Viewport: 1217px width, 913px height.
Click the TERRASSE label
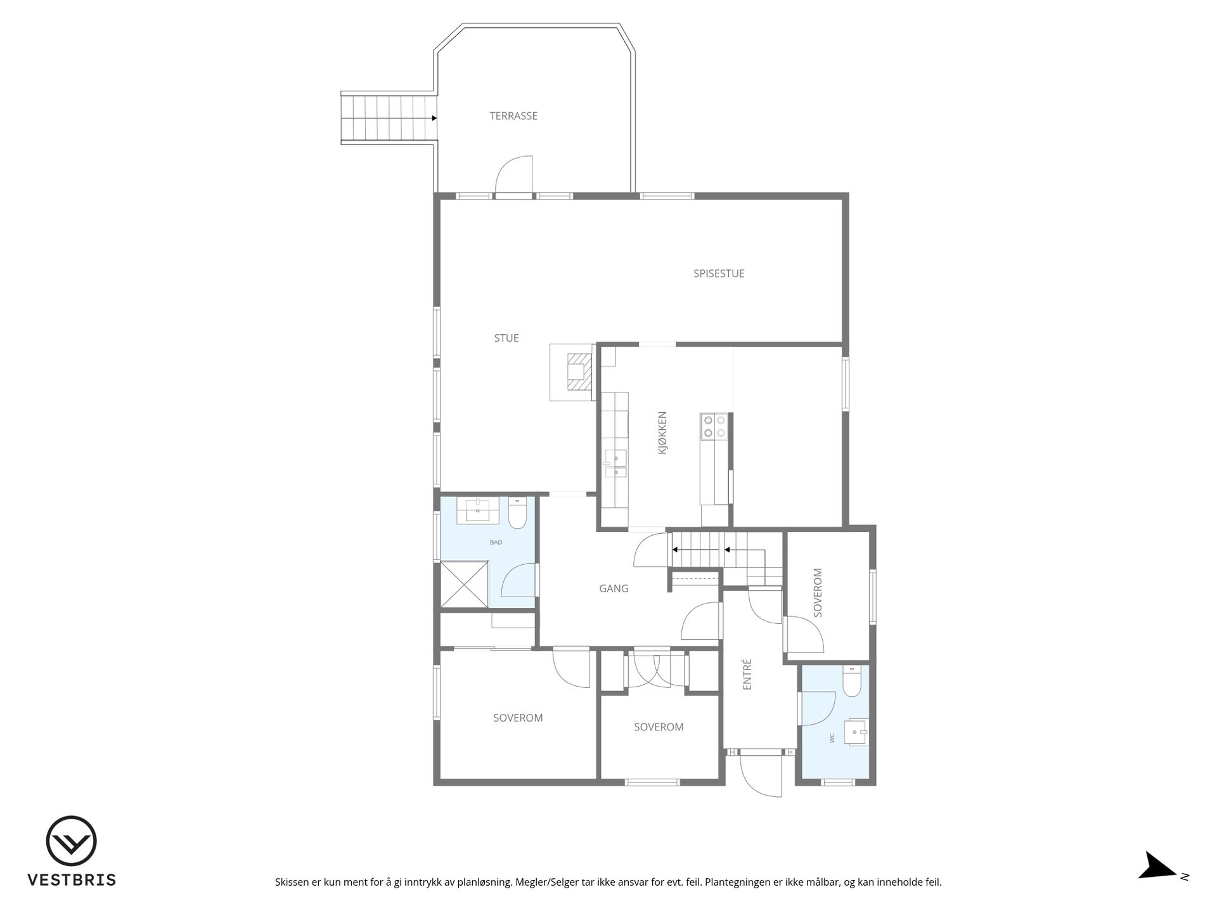(513, 116)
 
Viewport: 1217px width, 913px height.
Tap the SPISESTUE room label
(719, 274)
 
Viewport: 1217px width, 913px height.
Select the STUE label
(506, 339)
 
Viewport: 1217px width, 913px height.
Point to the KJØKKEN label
(662, 434)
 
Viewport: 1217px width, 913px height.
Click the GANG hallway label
(614, 589)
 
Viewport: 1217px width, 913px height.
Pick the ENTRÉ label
(747, 674)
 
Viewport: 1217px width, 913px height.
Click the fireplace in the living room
(573, 372)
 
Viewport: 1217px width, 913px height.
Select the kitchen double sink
(615, 463)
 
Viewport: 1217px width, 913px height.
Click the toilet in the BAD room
(517, 514)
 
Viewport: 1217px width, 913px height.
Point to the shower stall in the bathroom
(465, 584)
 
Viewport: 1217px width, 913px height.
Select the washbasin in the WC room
(856, 733)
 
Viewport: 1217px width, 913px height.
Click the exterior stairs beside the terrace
(389, 119)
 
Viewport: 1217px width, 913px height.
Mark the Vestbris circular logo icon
(72, 841)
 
